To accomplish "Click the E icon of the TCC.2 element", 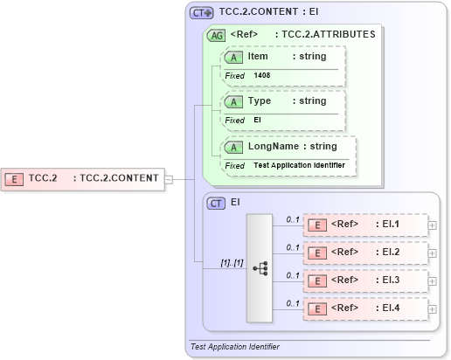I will coord(15,178).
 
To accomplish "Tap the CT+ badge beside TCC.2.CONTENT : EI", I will coord(202,13).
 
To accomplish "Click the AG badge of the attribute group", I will coord(215,36).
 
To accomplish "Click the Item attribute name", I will coord(258,56).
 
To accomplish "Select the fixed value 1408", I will coord(262,75).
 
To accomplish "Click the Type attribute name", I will coord(260,100).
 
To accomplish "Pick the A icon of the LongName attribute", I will coord(233,147).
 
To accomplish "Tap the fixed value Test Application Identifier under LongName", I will coord(300,165).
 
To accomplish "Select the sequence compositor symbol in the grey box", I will coord(260,268).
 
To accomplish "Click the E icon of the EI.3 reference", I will coord(319,280).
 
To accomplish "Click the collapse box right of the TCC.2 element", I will coord(170,179).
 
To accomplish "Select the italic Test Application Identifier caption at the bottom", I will coord(235,347).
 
